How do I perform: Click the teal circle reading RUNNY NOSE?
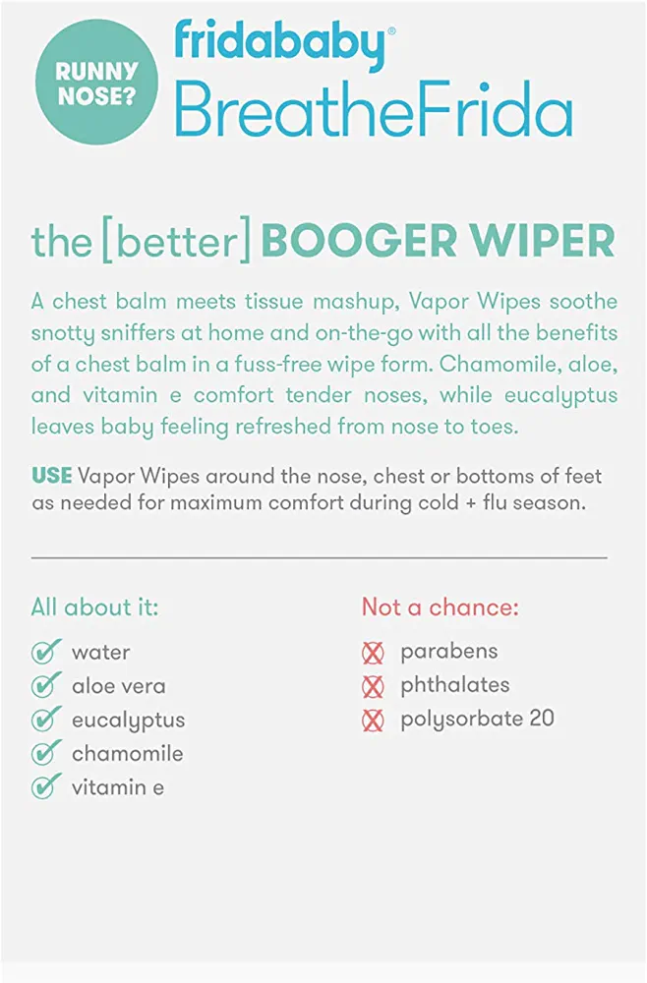(x=96, y=83)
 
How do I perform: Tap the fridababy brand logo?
(x=283, y=42)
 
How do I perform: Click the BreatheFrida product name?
(x=374, y=109)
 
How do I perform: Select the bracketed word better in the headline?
(x=176, y=241)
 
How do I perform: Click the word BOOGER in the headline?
(x=359, y=242)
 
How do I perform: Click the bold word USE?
(x=51, y=476)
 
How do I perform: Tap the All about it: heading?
(x=94, y=607)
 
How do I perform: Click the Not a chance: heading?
(x=441, y=607)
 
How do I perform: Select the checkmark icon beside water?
(x=46, y=652)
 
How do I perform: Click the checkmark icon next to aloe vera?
(x=46, y=685)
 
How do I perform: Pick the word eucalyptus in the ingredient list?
(x=129, y=721)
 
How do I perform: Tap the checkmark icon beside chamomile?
(x=46, y=753)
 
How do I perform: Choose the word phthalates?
(x=455, y=685)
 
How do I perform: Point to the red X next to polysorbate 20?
(x=373, y=721)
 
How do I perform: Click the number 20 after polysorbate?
(x=542, y=719)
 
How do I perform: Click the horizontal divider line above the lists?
(x=320, y=556)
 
